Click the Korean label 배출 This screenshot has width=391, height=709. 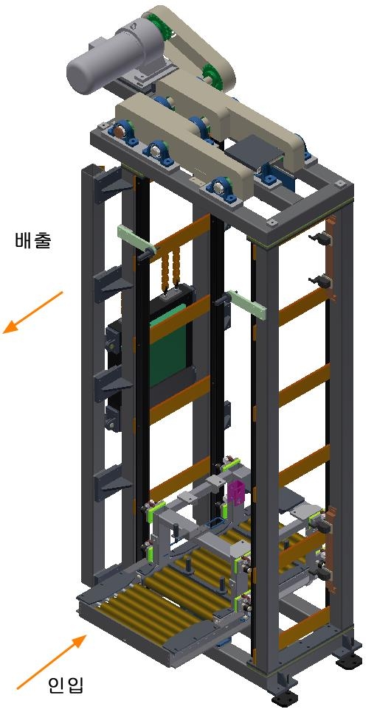pyautogui.click(x=33, y=240)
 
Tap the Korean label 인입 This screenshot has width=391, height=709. pyautogui.click(x=66, y=685)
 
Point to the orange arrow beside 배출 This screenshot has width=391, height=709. pyautogui.click(x=32, y=312)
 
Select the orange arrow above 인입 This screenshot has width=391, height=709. pyautogui.click(x=52, y=662)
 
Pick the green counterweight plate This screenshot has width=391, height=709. pyautogui.click(x=168, y=346)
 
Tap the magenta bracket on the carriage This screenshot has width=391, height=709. pyautogui.click(x=236, y=492)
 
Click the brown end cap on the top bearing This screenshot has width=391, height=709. pyautogui.click(x=119, y=132)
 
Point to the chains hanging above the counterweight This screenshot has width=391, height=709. pyautogui.click(x=170, y=269)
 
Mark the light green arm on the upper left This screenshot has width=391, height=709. pyautogui.click(x=136, y=238)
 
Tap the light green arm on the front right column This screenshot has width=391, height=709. pyautogui.click(x=247, y=304)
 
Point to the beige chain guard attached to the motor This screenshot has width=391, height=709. pyautogui.click(x=190, y=45)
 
